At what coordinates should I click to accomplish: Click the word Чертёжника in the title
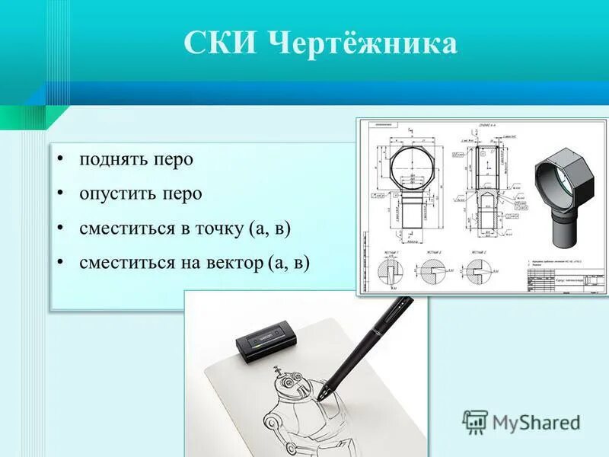coord(363,43)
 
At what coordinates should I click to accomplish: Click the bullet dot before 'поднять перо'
coord(59,160)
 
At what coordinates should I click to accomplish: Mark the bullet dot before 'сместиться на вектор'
coord(59,262)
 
